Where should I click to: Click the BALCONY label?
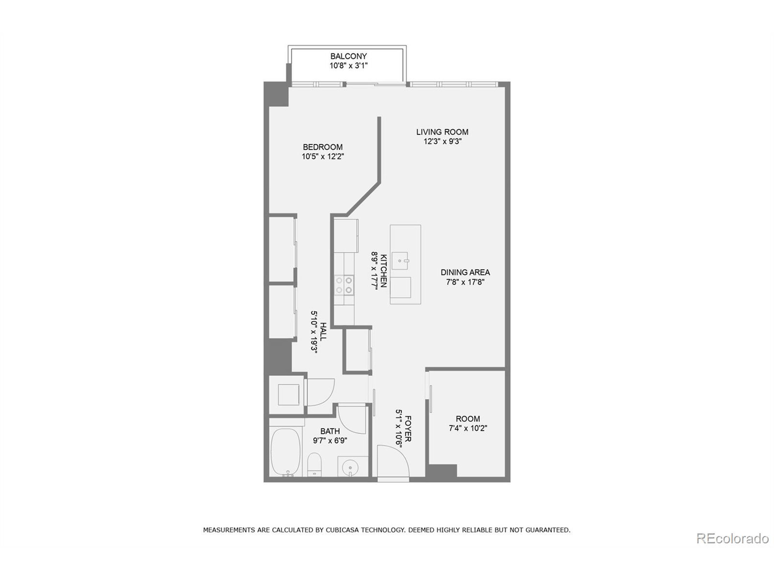pyautogui.click(x=349, y=56)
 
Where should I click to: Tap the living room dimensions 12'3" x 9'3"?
pyautogui.click(x=443, y=142)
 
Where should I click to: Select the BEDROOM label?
pyautogui.click(x=323, y=147)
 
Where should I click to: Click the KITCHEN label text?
pyautogui.click(x=383, y=271)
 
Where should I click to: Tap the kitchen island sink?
pyautogui.click(x=400, y=261)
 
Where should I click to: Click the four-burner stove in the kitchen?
pyautogui.click(x=344, y=285)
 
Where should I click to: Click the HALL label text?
pyautogui.click(x=323, y=332)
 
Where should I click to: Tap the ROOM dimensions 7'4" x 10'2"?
pyautogui.click(x=468, y=428)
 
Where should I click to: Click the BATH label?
pyautogui.click(x=330, y=431)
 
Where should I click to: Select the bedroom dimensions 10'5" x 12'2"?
pyautogui.click(x=323, y=156)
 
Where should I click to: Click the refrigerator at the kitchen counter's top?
pyautogui.click(x=346, y=236)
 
